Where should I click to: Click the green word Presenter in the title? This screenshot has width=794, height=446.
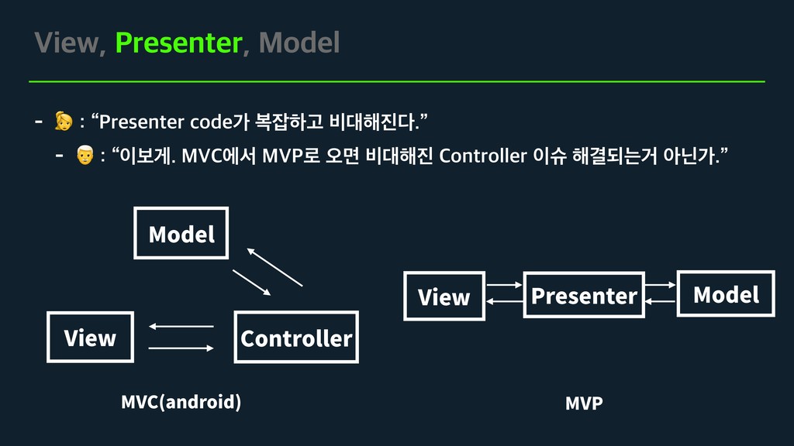click(178, 43)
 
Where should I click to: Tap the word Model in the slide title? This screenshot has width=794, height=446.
click(299, 43)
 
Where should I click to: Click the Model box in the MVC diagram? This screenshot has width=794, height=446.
click(181, 233)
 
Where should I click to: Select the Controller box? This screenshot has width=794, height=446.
click(295, 338)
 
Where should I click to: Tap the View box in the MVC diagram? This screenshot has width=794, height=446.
click(90, 338)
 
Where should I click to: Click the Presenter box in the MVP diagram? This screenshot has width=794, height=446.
click(584, 295)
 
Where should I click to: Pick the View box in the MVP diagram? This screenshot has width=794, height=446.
click(444, 296)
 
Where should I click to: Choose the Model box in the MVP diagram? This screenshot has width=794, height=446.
click(726, 293)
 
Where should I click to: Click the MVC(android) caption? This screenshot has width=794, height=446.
click(181, 402)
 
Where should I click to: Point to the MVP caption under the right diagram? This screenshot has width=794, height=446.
click(584, 403)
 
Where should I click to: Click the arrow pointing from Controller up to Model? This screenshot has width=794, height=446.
click(274, 267)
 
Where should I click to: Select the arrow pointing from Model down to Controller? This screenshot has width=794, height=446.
click(251, 283)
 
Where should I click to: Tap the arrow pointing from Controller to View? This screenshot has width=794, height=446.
click(181, 327)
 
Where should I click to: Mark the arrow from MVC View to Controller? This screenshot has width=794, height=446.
click(181, 348)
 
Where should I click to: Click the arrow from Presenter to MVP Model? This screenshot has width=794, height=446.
click(661, 285)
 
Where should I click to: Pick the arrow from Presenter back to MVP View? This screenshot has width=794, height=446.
click(504, 301)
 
